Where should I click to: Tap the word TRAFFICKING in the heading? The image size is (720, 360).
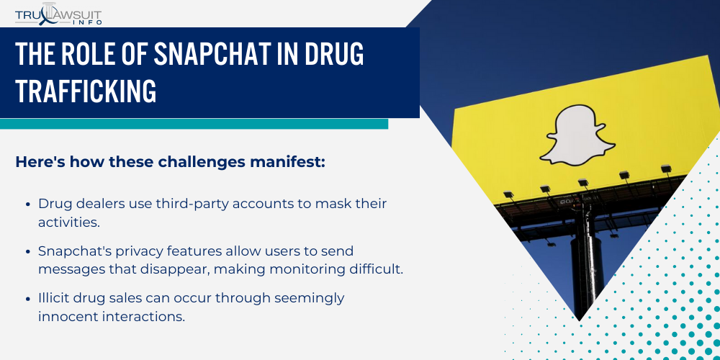click(86, 91)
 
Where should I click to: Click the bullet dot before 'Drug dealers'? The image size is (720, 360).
click(27, 204)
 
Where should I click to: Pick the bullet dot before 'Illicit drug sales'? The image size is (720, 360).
click(27, 297)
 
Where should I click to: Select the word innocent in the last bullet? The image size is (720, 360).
click(71, 315)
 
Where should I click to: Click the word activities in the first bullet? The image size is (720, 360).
click(68, 222)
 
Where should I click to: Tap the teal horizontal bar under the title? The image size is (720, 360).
click(194, 124)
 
